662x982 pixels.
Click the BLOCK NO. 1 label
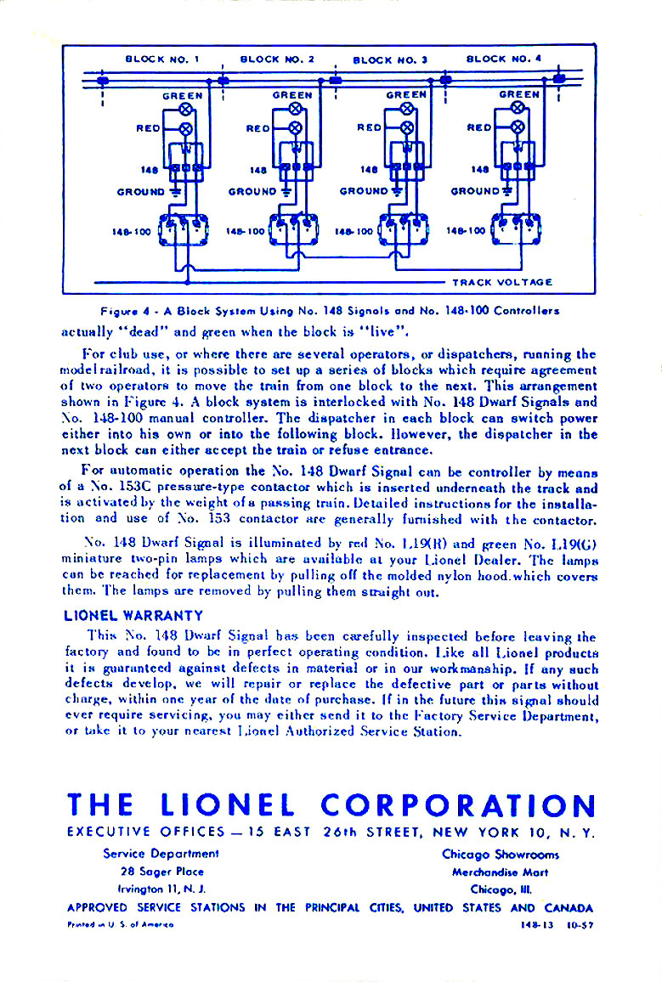161,59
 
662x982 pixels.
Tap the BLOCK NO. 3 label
389,59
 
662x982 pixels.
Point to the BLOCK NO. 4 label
504,59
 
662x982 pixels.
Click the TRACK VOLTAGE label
502,282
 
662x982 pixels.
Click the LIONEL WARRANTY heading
133,615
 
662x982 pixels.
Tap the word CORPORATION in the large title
458,805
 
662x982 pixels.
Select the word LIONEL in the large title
227,805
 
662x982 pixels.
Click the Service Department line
161,854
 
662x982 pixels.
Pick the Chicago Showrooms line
500,854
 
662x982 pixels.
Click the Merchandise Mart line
500,872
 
